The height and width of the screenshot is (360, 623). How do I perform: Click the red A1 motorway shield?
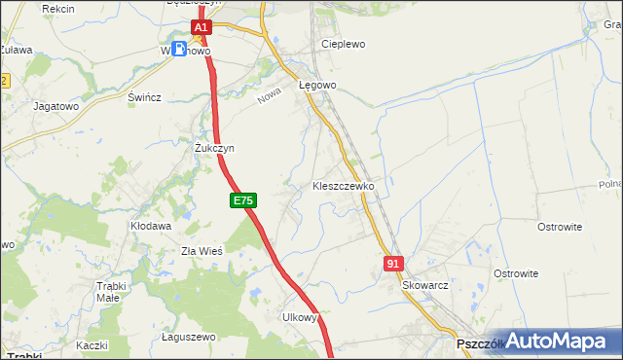click(201, 29)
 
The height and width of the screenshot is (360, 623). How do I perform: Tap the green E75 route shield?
click(243, 200)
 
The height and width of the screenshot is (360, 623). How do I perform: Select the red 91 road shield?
click(393, 263)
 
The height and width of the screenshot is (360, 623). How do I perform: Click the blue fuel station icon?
click(180, 49)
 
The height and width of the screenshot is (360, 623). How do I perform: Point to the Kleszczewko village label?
click(343, 185)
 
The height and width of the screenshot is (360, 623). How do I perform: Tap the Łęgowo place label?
click(317, 86)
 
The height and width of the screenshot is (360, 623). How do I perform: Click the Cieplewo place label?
click(343, 45)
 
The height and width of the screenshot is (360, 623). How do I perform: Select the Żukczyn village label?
click(214, 148)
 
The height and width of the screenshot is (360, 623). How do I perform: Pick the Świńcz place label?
click(144, 98)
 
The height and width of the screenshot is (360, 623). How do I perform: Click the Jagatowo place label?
click(55, 105)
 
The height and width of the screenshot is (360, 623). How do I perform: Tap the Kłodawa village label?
click(151, 226)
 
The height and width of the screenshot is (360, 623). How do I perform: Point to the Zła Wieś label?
click(202, 250)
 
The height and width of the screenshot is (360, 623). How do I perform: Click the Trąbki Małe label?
click(120, 292)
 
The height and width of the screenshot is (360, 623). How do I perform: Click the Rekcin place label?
click(58, 8)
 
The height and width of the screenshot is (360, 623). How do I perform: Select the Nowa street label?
click(269, 98)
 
